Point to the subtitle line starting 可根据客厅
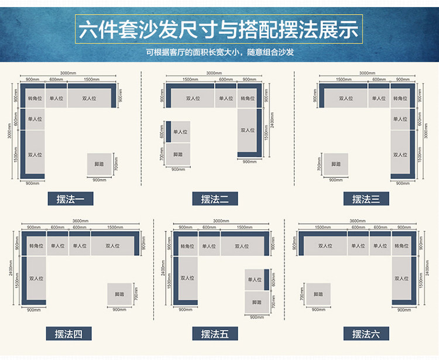220,52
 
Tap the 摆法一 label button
71,199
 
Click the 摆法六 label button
366,334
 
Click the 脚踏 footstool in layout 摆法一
99,164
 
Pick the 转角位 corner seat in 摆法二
249,98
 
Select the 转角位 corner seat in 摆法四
35,246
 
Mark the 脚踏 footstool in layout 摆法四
119,294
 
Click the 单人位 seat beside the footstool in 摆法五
255,280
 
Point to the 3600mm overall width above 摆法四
80,221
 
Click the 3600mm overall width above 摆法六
358,221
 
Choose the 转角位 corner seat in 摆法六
403,246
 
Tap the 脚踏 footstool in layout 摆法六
318,294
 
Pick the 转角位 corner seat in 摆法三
401,98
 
